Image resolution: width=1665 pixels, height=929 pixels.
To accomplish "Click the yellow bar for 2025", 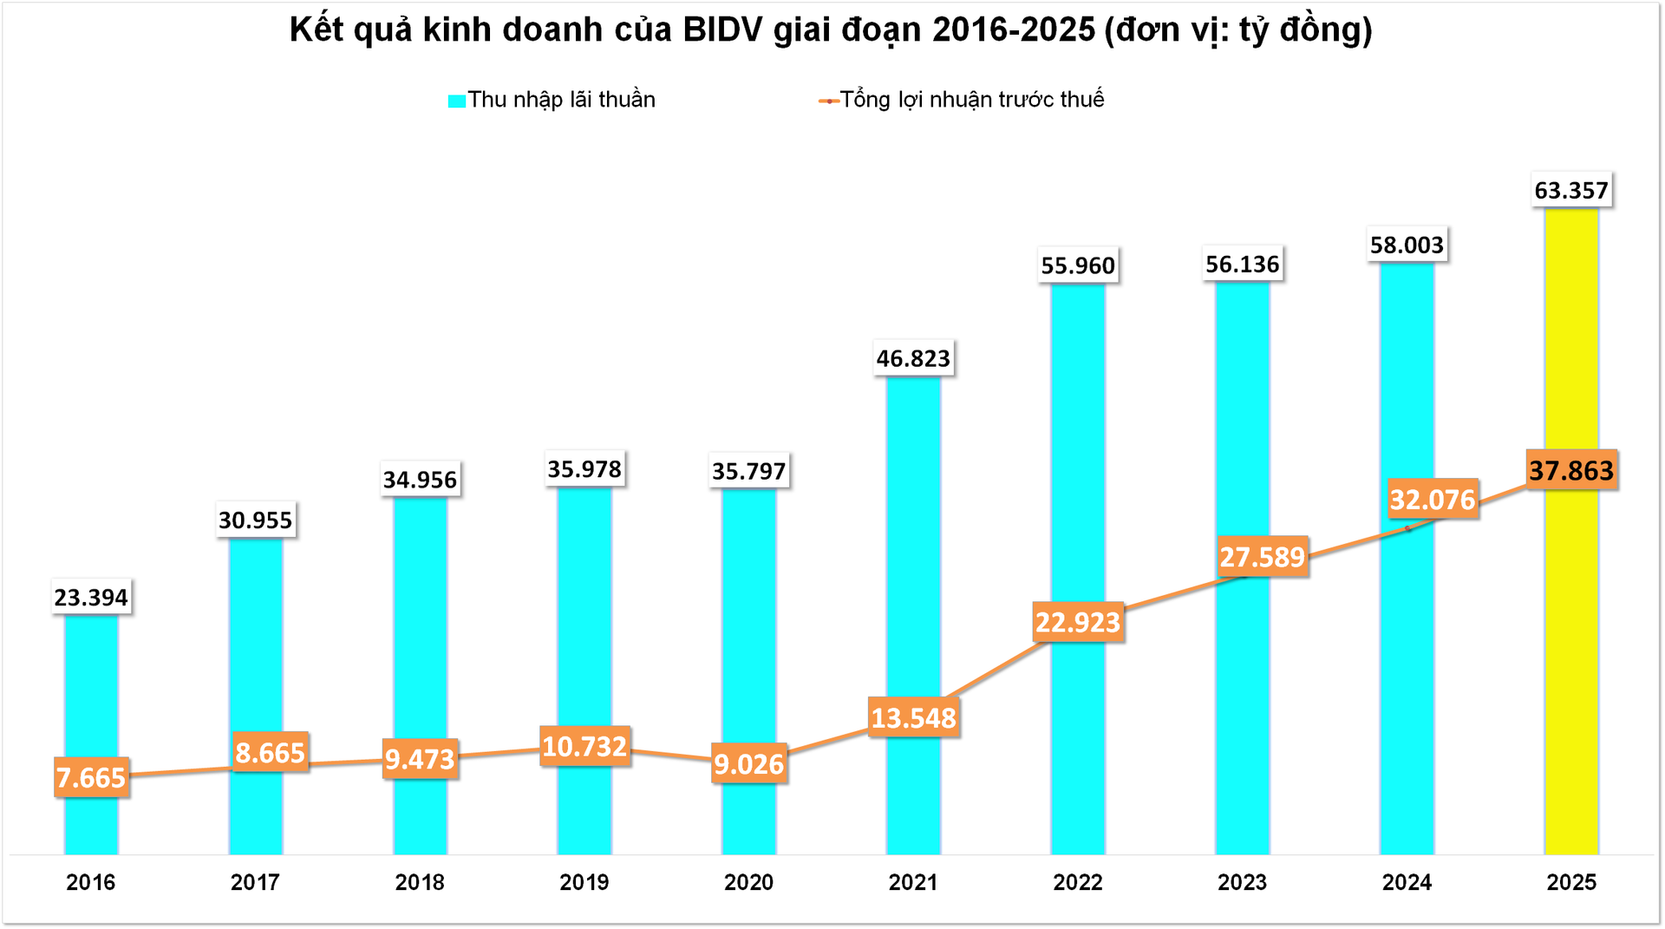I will tap(1570, 659).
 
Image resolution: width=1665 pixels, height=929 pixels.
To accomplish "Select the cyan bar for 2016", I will tap(91, 694).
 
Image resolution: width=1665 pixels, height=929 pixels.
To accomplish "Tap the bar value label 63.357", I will tap(1570, 190).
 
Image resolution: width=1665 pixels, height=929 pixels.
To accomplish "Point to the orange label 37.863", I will tap(1570, 470).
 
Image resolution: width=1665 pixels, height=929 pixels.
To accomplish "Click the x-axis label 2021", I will tap(913, 882).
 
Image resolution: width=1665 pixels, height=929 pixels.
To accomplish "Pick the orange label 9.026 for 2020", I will tap(748, 763).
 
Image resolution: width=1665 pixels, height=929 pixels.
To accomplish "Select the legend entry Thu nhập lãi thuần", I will tap(552, 100).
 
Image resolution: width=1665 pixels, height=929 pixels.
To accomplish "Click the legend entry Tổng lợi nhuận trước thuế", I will tap(962, 100).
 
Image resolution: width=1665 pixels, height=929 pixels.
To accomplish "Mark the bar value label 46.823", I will tap(913, 358).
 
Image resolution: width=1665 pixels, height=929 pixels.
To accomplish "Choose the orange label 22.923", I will tap(1078, 622).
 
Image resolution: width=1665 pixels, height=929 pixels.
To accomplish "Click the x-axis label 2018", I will tap(420, 882).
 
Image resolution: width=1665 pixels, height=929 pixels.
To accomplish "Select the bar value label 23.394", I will tap(91, 597).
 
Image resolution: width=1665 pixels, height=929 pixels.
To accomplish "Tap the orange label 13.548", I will tap(913, 717).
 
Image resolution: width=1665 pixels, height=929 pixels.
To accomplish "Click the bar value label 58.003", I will tap(1407, 245).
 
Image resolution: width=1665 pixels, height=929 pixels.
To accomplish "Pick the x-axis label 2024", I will tap(1407, 882).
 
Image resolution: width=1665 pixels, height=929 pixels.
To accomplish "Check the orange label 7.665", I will tap(91, 777).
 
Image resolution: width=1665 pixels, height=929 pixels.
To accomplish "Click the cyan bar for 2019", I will tap(584, 607).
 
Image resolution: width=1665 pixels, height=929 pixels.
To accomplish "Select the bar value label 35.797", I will tap(748, 471).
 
